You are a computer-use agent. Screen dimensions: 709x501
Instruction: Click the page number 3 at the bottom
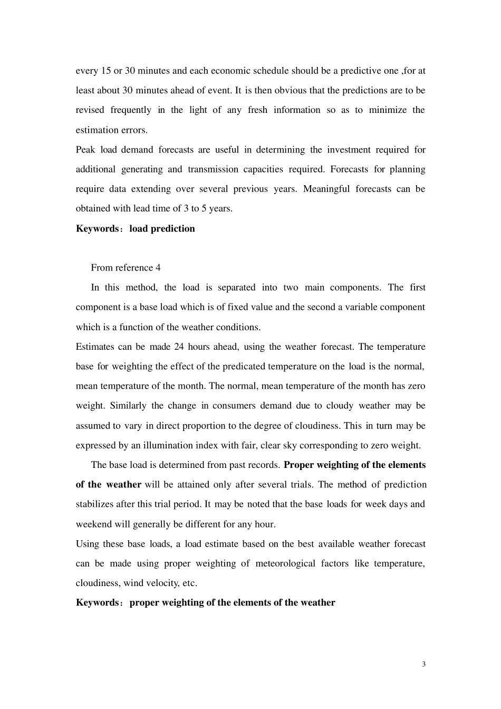tap(423, 664)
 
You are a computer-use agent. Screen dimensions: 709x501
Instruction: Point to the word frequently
tap(131, 110)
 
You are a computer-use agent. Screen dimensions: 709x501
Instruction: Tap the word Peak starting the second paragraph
tap(85, 150)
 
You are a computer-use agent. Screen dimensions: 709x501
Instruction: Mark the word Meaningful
tap(326, 189)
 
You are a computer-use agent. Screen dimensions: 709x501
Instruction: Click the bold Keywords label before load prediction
tap(98, 228)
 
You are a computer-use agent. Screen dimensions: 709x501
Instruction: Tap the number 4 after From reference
tap(158, 268)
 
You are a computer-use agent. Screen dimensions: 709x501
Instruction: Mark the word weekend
tap(93, 524)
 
